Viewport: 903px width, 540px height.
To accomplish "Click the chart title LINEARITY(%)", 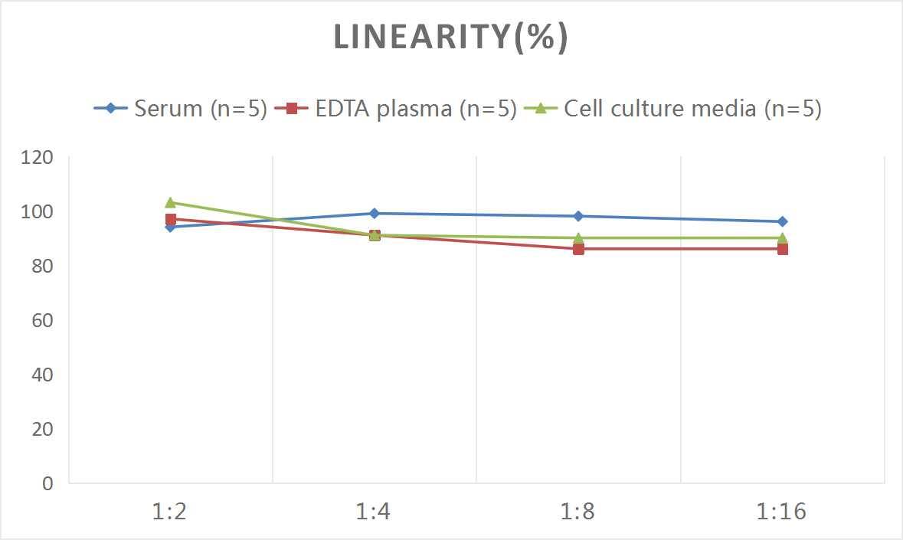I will [450, 38].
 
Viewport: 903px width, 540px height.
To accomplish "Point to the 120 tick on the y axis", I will [38, 158].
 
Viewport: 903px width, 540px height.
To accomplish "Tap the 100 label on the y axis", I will [38, 212].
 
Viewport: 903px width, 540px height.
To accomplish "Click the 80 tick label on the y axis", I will [41, 267].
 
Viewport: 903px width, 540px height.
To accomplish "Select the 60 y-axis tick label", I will [41, 320].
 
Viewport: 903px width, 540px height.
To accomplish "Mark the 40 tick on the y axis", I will [41, 375].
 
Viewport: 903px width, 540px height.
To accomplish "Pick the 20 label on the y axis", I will [41, 429].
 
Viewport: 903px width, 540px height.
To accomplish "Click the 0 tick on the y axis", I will [47, 483].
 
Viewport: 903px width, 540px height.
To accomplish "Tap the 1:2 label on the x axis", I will [170, 512].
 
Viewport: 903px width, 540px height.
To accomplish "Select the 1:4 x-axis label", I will [374, 512].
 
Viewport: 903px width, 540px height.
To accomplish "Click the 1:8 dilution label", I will [578, 512].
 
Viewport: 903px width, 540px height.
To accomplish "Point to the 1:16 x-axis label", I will [782, 512].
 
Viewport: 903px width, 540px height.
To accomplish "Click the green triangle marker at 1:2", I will [170, 202].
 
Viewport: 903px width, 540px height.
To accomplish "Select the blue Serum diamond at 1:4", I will [375, 214].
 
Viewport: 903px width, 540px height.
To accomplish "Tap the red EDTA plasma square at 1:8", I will [578, 249].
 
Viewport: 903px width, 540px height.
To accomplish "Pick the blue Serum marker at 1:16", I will [782, 221].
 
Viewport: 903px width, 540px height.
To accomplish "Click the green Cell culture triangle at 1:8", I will [578, 237].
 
